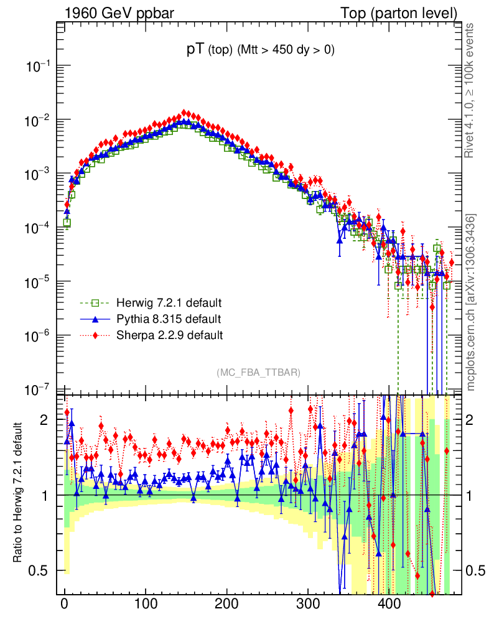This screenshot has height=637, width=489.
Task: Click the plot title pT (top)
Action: click(261, 51)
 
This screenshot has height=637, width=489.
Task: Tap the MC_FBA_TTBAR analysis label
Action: click(259, 373)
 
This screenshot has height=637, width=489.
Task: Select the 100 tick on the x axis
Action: click(145, 604)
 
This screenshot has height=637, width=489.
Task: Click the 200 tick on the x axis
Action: click(226, 604)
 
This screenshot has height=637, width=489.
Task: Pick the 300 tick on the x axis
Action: click(307, 604)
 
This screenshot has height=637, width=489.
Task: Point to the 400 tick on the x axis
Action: click(389, 604)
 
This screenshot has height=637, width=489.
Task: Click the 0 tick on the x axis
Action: click(65, 604)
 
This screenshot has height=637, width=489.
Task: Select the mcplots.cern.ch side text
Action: click(470, 302)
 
